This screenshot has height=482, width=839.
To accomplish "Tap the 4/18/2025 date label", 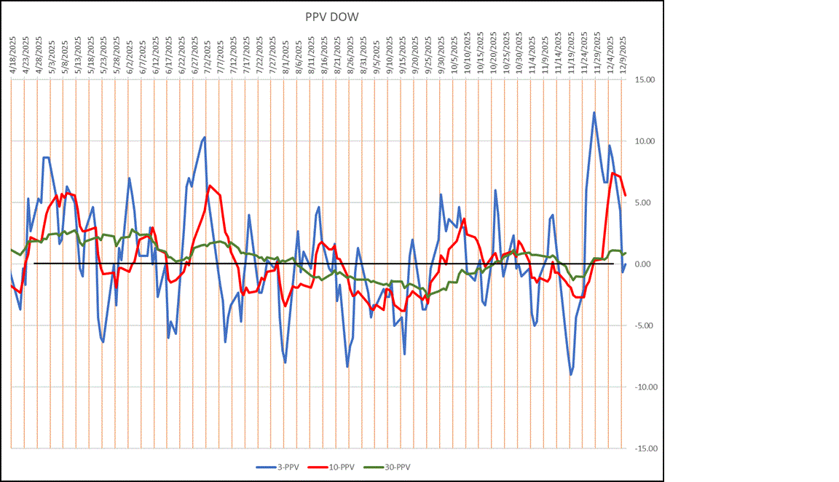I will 12,54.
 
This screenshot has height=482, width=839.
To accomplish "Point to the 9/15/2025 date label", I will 401,54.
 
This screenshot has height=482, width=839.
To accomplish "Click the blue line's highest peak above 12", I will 594,112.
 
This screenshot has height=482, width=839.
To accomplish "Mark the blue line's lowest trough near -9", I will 571,375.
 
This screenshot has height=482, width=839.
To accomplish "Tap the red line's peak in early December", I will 612,173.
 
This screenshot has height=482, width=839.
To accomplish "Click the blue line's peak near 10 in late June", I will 205,137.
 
